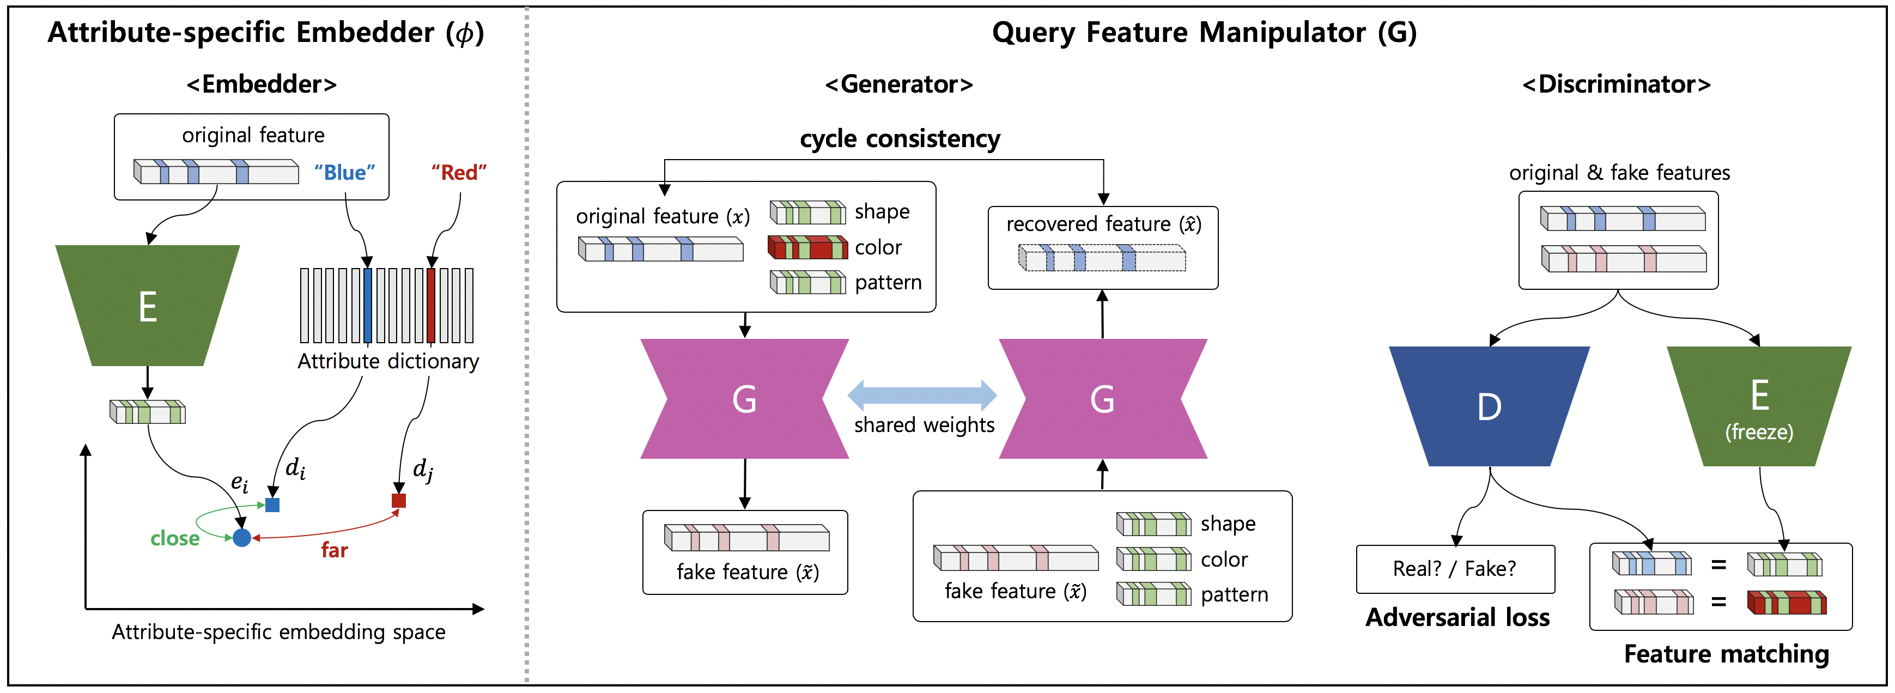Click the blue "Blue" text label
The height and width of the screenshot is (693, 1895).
(344, 172)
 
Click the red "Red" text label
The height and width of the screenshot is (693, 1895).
(459, 172)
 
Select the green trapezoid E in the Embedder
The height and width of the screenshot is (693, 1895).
(147, 305)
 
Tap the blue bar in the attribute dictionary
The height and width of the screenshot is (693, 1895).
(368, 305)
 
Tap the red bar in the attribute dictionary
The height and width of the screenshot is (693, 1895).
(431, 305)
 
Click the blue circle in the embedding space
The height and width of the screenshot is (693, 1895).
(242, 538)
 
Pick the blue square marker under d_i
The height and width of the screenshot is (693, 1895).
(272, 504)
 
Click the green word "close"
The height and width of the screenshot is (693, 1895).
(175, 538)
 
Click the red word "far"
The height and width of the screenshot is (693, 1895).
(334, 550)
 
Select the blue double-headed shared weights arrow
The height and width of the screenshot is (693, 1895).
(922, 395)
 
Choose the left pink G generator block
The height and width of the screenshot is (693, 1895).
(744, 399)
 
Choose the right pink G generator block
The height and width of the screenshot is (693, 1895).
(1103, 399)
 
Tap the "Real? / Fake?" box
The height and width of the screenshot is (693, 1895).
(1455, 569)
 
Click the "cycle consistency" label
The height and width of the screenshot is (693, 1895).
(900, 138)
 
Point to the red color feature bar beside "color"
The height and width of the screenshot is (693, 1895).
(807, 247)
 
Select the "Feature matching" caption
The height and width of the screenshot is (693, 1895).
(1726, 653)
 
